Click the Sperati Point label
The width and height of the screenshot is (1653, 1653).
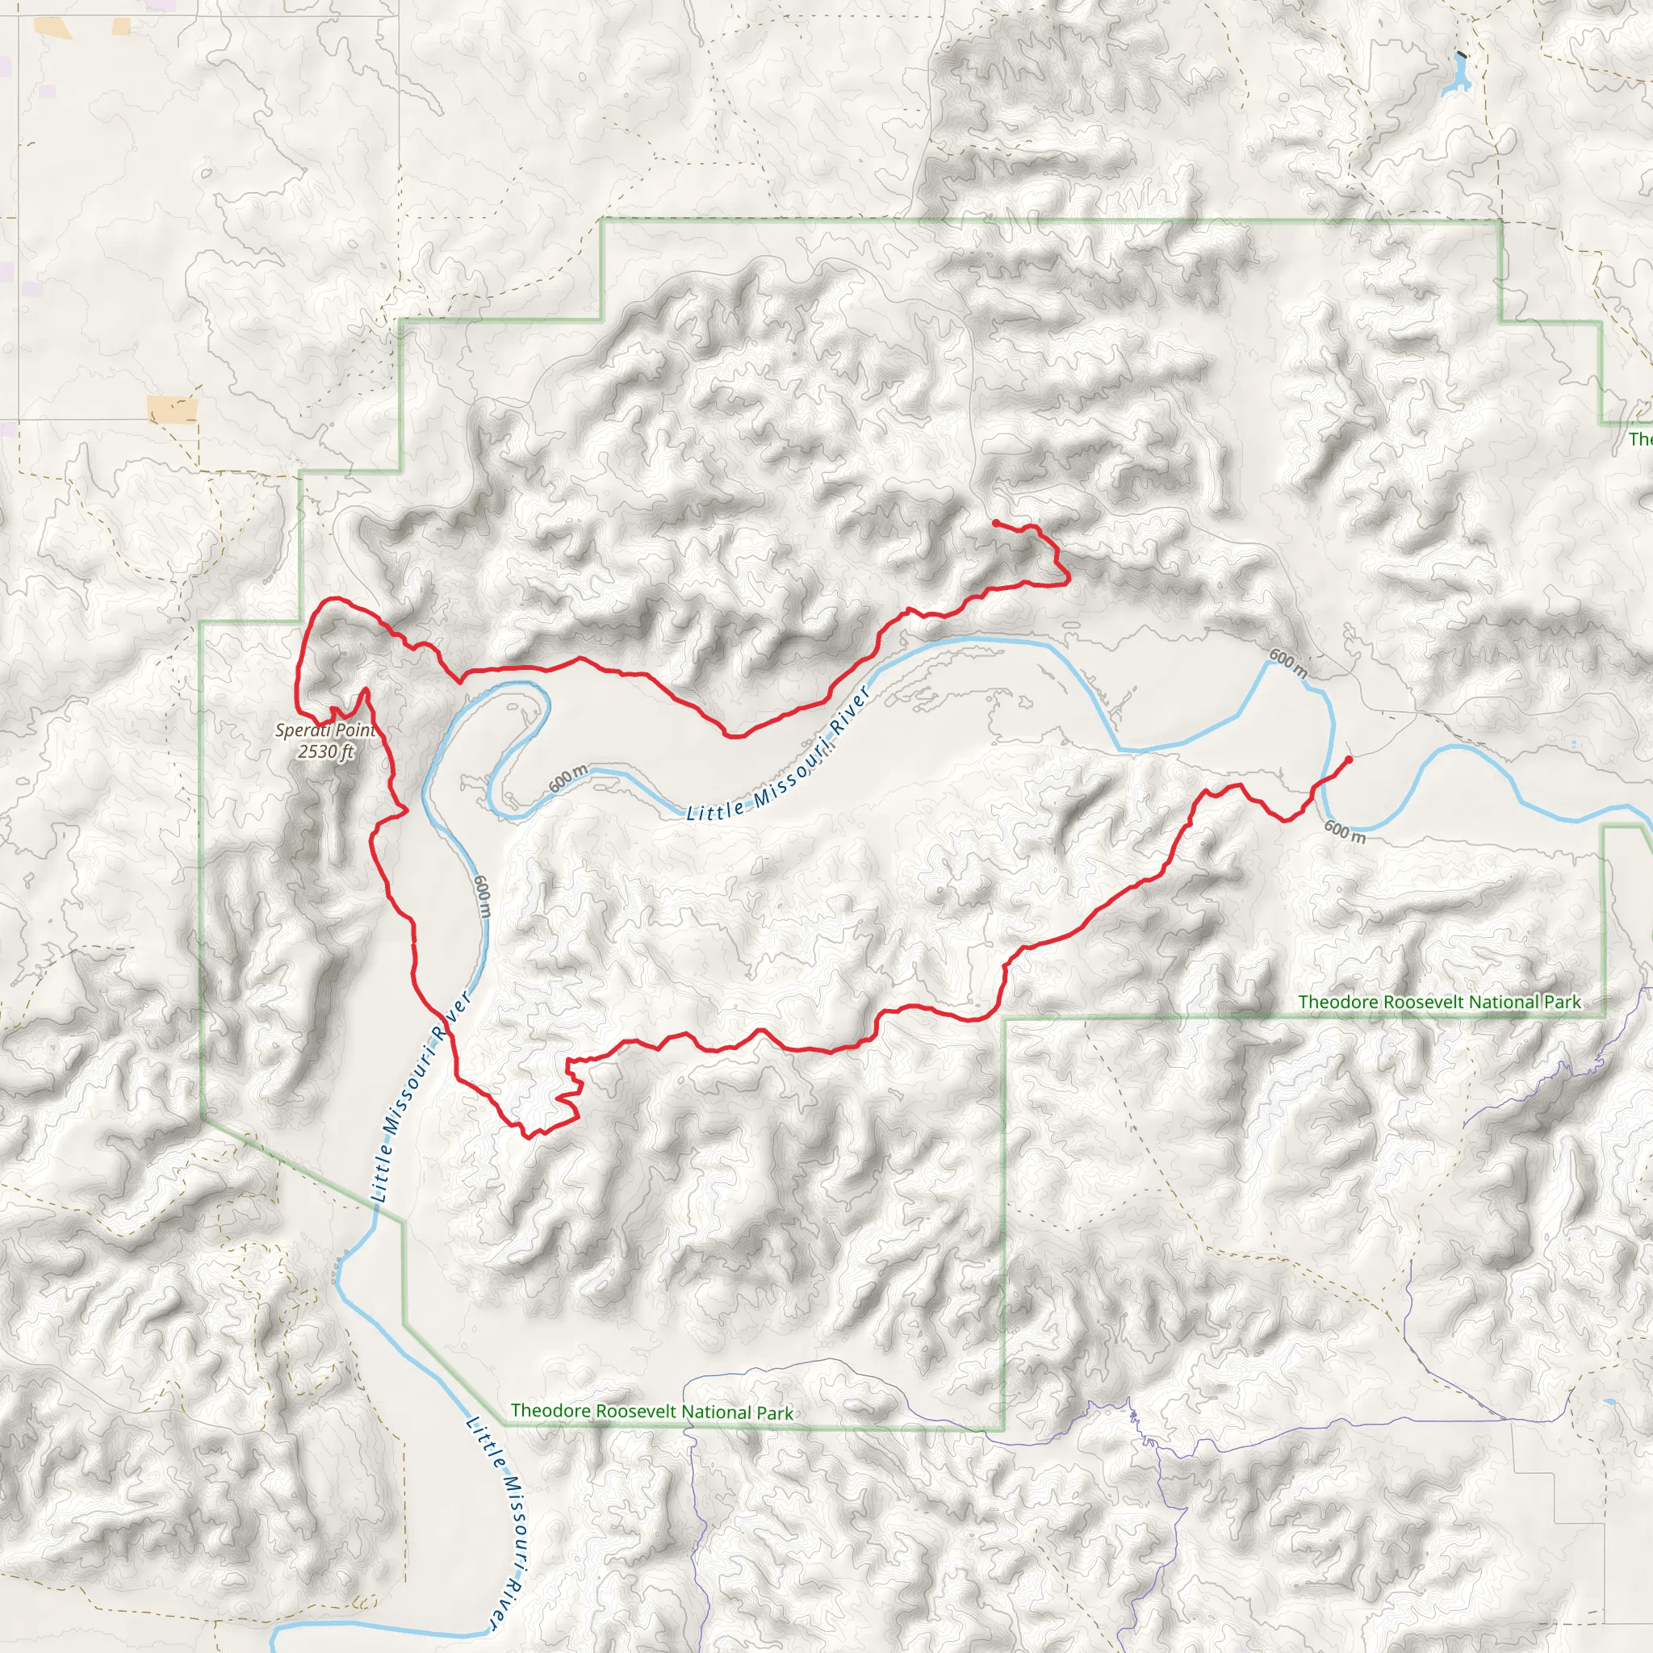(x=325, y=730)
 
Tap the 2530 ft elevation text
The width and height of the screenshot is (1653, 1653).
(x=325, y=752)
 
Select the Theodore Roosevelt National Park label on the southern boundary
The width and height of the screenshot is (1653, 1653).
(x=652, y=1412)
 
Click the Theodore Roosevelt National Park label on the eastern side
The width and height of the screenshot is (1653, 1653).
(x=1439, y=1002)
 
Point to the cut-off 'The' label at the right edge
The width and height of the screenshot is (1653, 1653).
(x=1640, y=440)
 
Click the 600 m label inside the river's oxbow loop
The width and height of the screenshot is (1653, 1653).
(x=568, y=779)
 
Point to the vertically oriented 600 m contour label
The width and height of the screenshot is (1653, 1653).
(x=483, y=897)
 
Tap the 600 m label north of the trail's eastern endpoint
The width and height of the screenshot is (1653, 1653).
(x=1287, y=663)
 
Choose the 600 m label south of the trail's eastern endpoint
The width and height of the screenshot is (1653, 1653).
(x=1344, y=831)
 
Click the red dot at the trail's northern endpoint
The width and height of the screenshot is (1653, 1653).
(x=996, y=523)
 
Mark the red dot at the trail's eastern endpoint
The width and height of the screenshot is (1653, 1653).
(x=1350, y=760)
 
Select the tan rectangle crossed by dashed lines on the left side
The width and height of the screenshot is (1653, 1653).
(x=172, y=408)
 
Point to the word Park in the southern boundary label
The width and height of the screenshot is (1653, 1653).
(x=774, y=1413)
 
